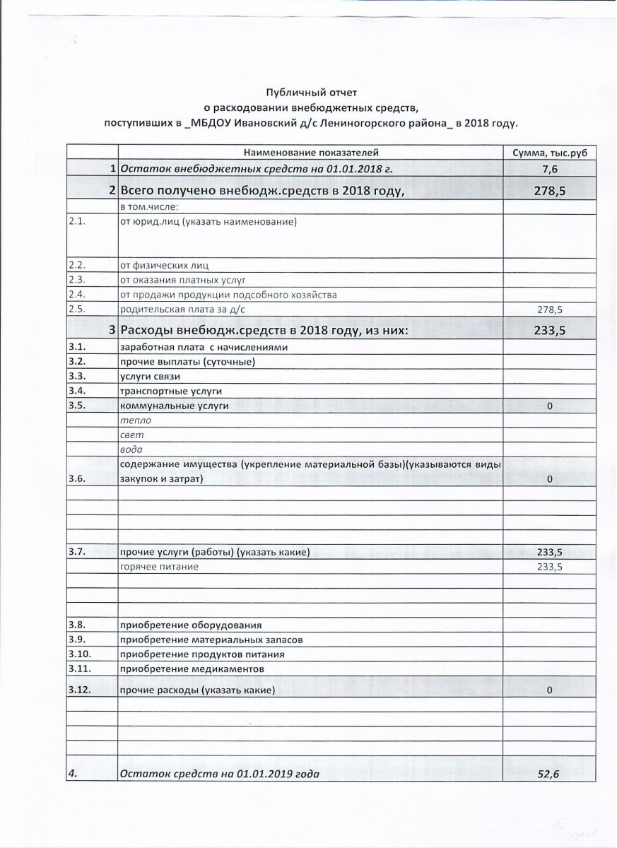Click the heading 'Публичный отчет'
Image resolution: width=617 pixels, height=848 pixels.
(x=307, y=93)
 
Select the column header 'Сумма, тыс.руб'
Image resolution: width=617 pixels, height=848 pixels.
(x=548, y=152)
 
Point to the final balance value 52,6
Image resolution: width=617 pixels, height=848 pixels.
(x=548, y=775)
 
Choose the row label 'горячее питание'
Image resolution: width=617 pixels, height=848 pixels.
(x=159, y=567)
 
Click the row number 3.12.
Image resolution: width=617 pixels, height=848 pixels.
(x=79, y=689)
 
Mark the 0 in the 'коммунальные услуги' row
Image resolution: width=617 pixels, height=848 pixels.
(x=549, y=406)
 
